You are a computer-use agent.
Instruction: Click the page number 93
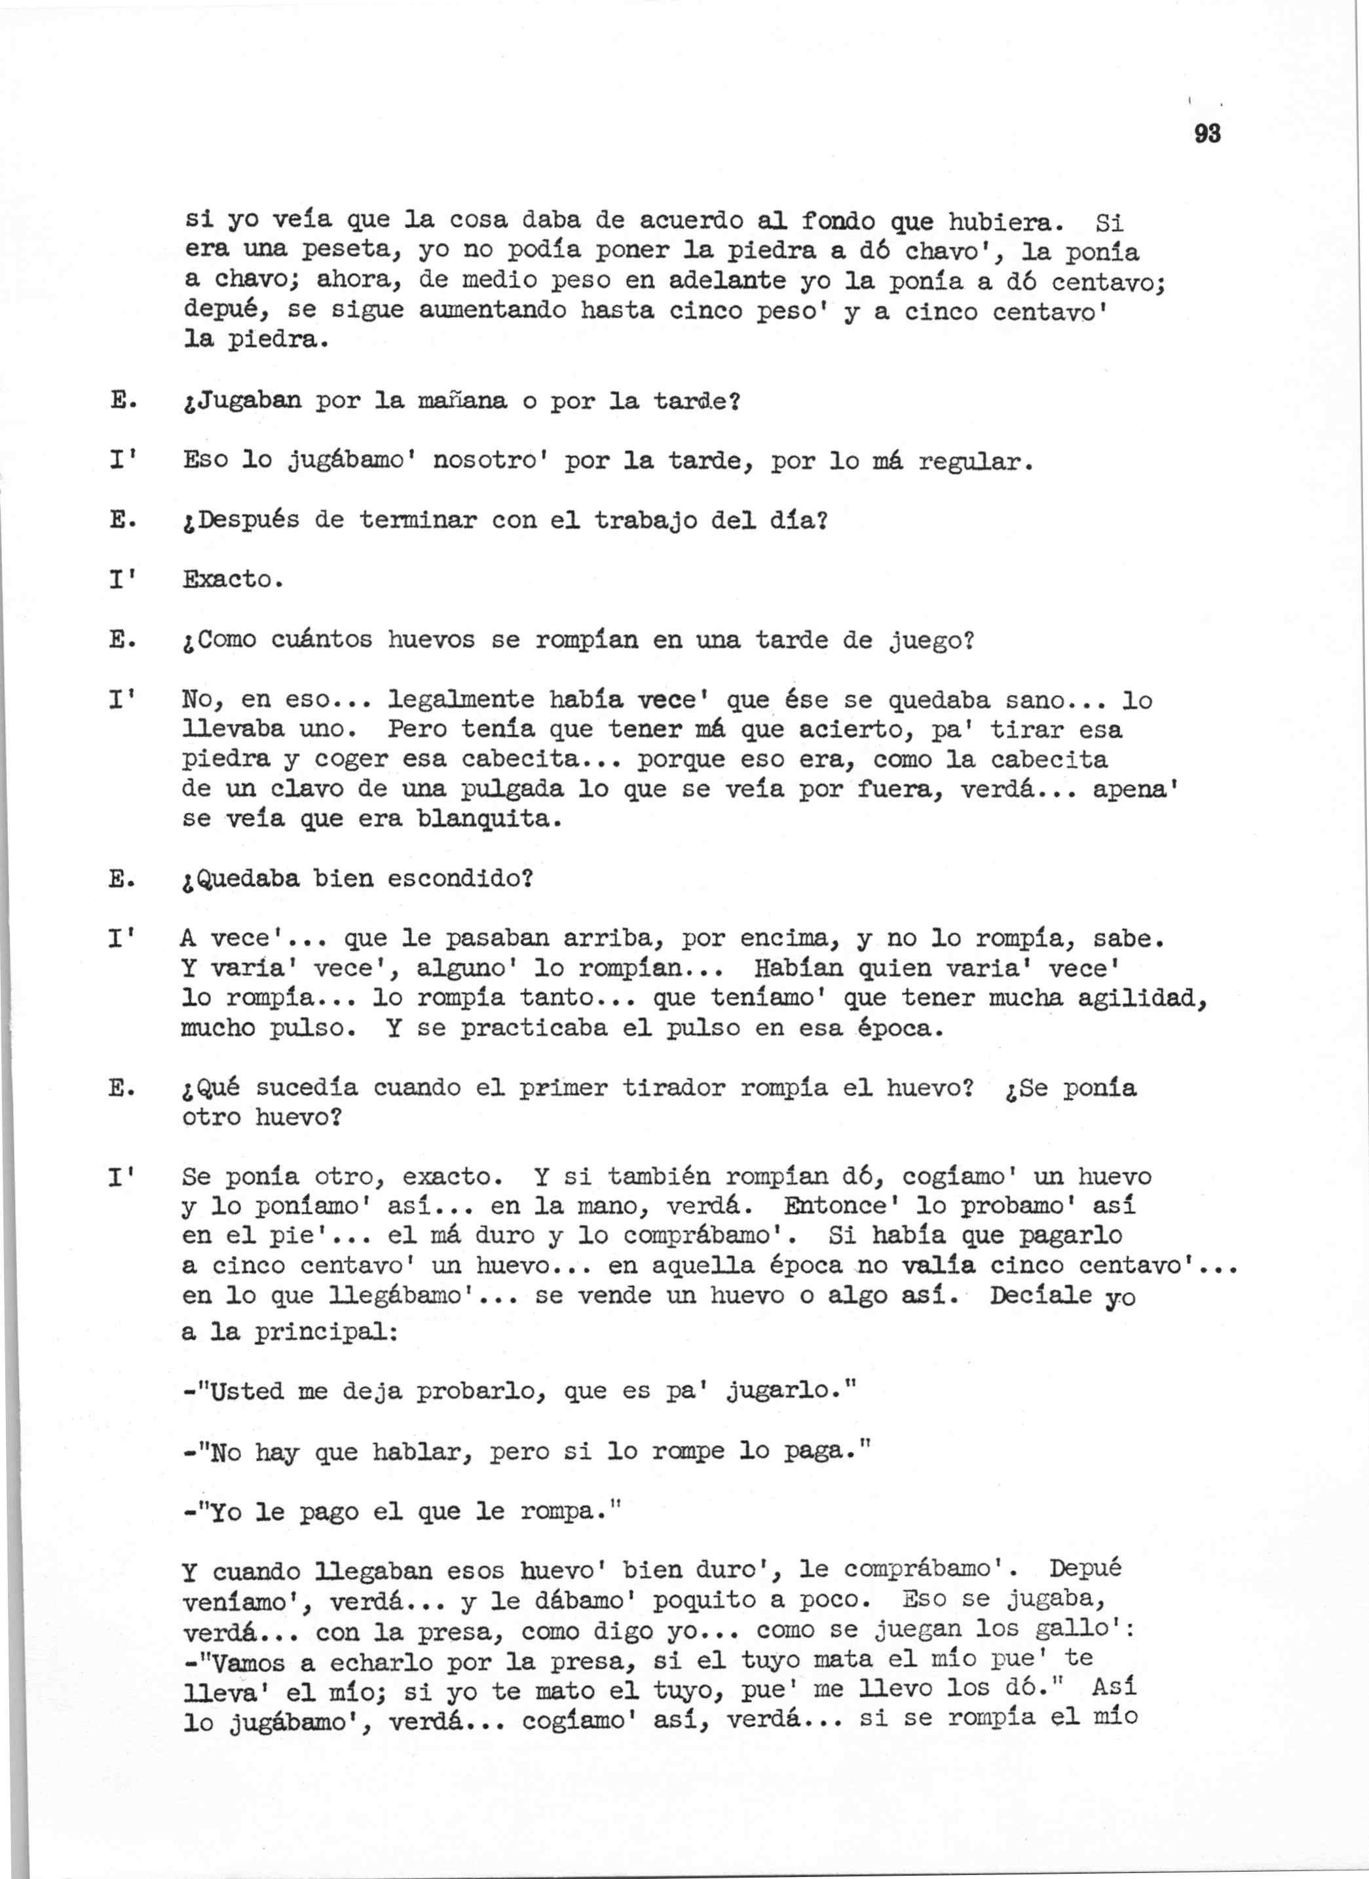pos(1207,134)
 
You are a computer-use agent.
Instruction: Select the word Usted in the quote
pos(246,1391)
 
